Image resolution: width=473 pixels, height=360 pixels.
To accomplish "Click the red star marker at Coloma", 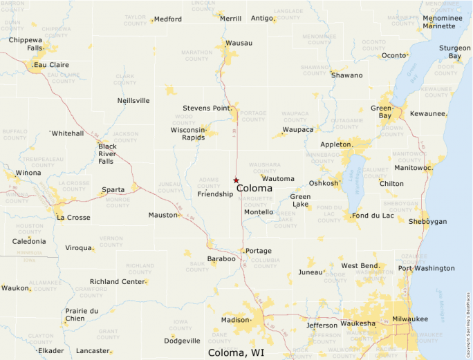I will [236, 180].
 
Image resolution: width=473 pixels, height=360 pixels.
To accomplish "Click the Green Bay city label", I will [382, 113].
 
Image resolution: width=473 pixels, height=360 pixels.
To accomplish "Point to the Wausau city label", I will [239, 43].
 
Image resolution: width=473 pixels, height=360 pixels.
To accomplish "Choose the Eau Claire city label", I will [51, 65].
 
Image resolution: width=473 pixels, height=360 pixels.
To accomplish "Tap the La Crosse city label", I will [73, 218].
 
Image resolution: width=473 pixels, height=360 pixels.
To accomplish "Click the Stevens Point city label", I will [207, 108].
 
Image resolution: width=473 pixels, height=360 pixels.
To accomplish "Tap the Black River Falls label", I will [106, 153].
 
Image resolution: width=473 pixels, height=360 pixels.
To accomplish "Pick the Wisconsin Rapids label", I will [189, 133].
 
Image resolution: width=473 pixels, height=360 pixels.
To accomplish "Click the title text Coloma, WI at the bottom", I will [236, 353].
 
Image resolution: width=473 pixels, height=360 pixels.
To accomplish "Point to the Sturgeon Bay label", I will [454, 52].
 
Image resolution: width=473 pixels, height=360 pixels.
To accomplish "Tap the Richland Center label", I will [118, 281].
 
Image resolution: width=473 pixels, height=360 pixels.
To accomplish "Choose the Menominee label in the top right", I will [447, 19].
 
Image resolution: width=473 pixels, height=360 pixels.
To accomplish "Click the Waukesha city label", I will [358, 323].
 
